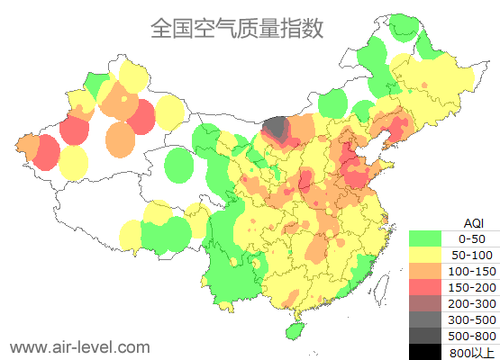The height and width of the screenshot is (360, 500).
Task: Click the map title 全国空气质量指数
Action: (x=237, y=28)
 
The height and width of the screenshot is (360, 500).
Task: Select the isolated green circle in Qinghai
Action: (x=181, y=165)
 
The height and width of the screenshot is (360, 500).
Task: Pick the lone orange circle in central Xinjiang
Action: (x=120, y=139)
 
